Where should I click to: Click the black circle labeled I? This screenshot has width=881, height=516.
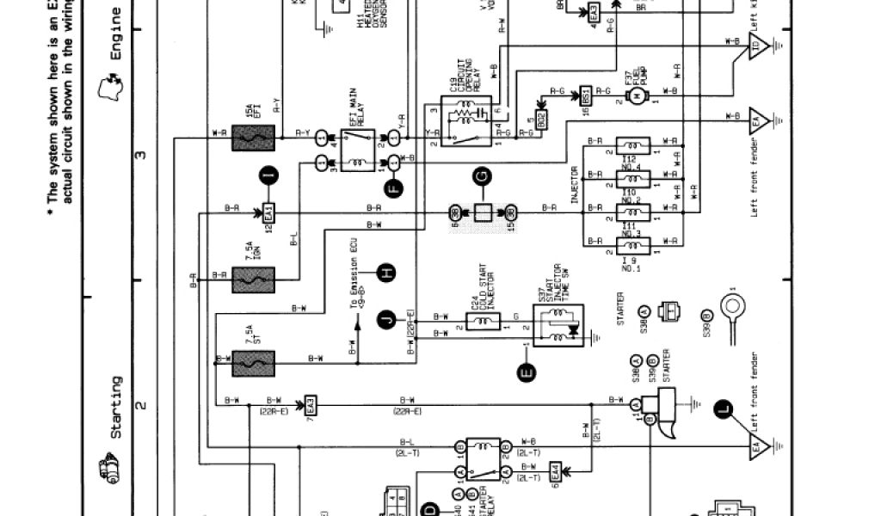coord(268,176)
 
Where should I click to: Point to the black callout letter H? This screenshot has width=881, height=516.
coord(387,273)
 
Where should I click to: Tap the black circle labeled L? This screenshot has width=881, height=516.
coord(724,411)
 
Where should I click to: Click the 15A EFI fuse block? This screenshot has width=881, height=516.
coord(253,136)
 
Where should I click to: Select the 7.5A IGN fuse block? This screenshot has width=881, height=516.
coord(253,278)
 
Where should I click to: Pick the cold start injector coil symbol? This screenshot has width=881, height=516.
coord(482,322)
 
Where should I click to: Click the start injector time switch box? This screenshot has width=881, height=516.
coord(556,324)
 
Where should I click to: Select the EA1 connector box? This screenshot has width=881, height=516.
coord(268,211)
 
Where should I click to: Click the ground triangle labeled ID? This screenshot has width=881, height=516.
coord(757,47)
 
